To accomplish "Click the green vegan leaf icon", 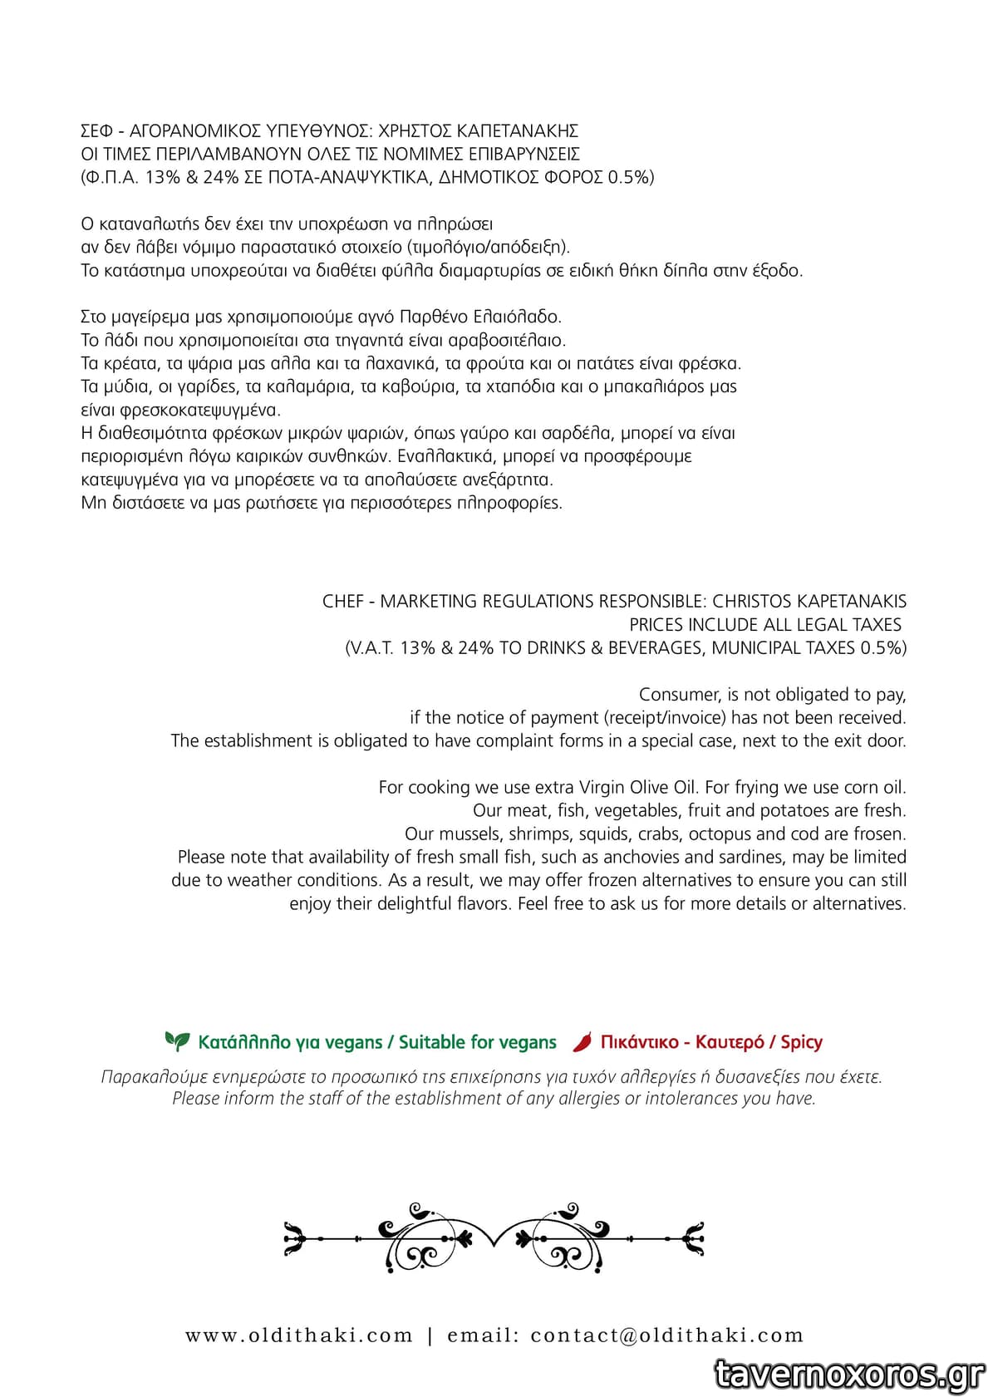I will click(x=177, y=1040).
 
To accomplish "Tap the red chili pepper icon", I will click(x=583, y=1041).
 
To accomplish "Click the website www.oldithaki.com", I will click(x=299, y=1336).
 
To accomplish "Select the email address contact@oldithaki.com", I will click(x=667, y=1336).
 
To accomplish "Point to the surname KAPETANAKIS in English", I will click(x=851, y=601).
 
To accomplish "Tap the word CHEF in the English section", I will click(x=342, y=601).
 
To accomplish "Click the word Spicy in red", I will click(x=801, y=1042).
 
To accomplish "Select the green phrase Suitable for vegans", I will click(x=477, y=1042).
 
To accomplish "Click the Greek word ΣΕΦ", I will click(x=96, y=130).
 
